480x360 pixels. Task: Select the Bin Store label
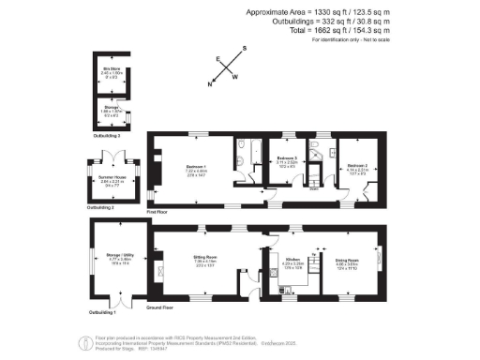coord(112,70)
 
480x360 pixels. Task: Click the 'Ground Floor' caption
coord(161,306)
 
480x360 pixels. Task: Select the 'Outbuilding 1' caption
coord(101,312)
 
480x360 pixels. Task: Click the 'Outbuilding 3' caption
coord(108,136)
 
